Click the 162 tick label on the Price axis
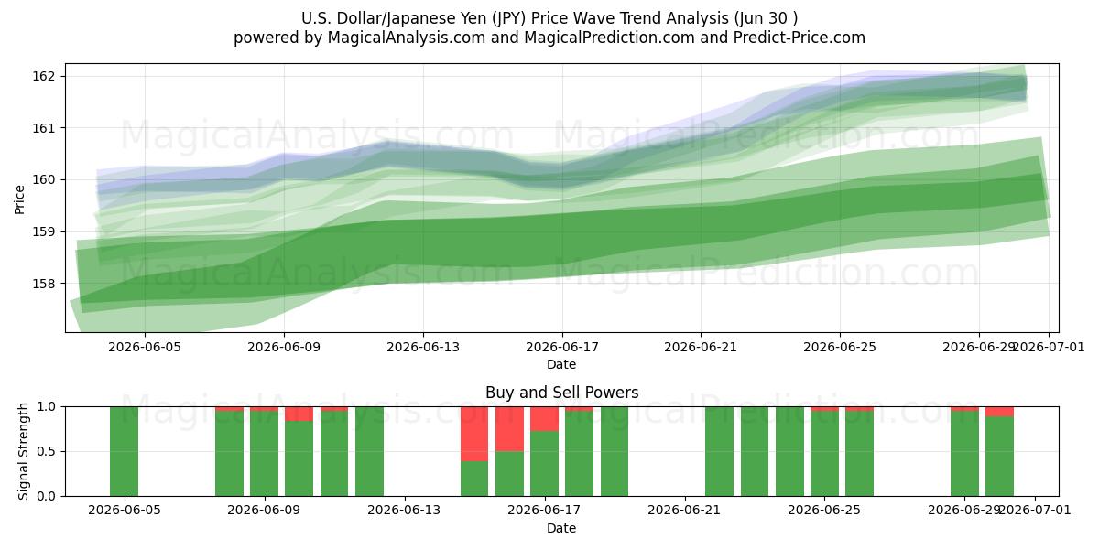tap(42, 77)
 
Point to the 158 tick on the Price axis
tap(42, 284)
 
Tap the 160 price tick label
tap(42, 180)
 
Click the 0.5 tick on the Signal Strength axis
tap(47, 451)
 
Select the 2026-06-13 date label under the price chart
tap(423, 348)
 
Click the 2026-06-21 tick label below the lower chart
tap(684, 511)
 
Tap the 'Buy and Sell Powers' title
tap(561, 393)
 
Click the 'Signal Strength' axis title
tap(23, 451)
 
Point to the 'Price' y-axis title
tap(19, 199)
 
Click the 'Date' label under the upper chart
tap(561, 365)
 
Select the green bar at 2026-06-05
tap(125, 451)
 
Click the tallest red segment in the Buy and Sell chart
tap(474, 434)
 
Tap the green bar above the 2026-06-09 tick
tap(264, 454)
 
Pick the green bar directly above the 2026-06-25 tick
tap(824, 454)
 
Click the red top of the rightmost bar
tap(999, 412)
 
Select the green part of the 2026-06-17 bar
tap(544, 464)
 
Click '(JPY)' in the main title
tap(509, 18)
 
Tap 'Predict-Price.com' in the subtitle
tap(800, 38)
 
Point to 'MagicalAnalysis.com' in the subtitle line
tap(407, 38)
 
